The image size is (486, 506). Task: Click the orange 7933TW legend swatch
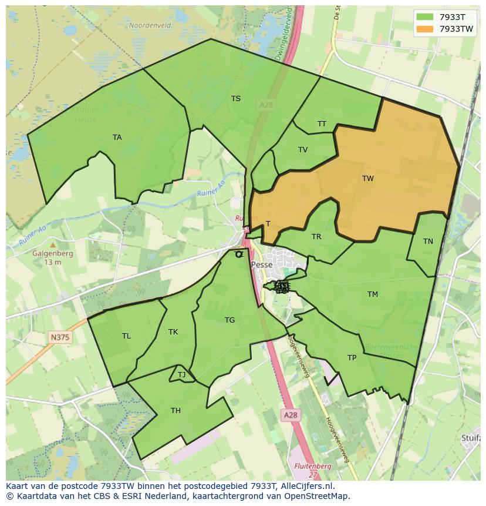pos(425,29)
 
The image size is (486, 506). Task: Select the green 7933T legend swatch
pos(425,16)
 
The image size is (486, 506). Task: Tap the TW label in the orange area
pos(367,179)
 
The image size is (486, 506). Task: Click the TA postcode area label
pos(117,138)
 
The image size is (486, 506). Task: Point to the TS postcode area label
pos(236,99)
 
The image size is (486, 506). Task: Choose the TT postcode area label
pos(322,124)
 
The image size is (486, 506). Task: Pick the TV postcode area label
pos(303,150)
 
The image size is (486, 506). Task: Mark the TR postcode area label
pos(316,237)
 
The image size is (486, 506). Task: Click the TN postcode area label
pos(428,242)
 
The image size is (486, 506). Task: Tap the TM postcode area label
pos(373,294)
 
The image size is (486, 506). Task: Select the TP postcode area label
pos(352,358)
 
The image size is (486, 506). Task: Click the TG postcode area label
pos(230,320)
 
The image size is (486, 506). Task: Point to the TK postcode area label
pos(173,332)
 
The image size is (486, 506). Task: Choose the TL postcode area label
pos(126,336)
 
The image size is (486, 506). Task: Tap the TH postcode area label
pos(176,411)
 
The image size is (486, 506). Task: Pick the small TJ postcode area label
pos(182,375)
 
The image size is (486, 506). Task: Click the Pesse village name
pos(261,265)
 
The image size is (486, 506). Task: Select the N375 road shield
pos(59,337)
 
